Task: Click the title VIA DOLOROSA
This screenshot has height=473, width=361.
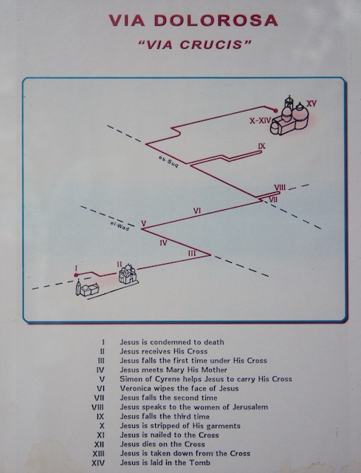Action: tap(193, 21)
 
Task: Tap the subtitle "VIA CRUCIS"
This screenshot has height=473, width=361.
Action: tap(194, 44)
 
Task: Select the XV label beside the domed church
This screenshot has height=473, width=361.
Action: tap(312, 103)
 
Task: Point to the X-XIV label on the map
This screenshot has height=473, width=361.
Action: tap(260, 121)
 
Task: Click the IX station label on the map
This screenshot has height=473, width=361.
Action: tap(261, 146)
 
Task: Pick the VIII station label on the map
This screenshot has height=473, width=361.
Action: tap(280, 187)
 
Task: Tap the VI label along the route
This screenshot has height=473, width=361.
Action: tap(197, 211)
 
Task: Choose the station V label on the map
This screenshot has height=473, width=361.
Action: tap(144, 223)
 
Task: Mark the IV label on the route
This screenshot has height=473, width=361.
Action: tap(163, 242)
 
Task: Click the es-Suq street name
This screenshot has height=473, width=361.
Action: tap(168, 162)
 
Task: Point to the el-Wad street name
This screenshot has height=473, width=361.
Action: tap(120, 226)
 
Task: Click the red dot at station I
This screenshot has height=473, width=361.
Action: tap(76, 275)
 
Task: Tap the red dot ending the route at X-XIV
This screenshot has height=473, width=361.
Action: tap(275, 111)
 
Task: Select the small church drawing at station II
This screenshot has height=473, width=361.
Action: tap(128, 273)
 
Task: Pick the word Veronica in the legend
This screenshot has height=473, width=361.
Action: tap(134, 388)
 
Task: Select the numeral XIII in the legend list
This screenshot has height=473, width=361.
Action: tap(99, 453)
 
